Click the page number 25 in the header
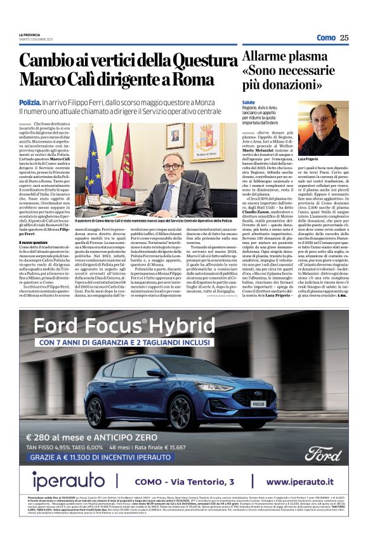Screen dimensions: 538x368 point(344,37)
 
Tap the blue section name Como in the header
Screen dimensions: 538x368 point(326,37)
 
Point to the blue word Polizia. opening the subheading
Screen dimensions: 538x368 point(29,101)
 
